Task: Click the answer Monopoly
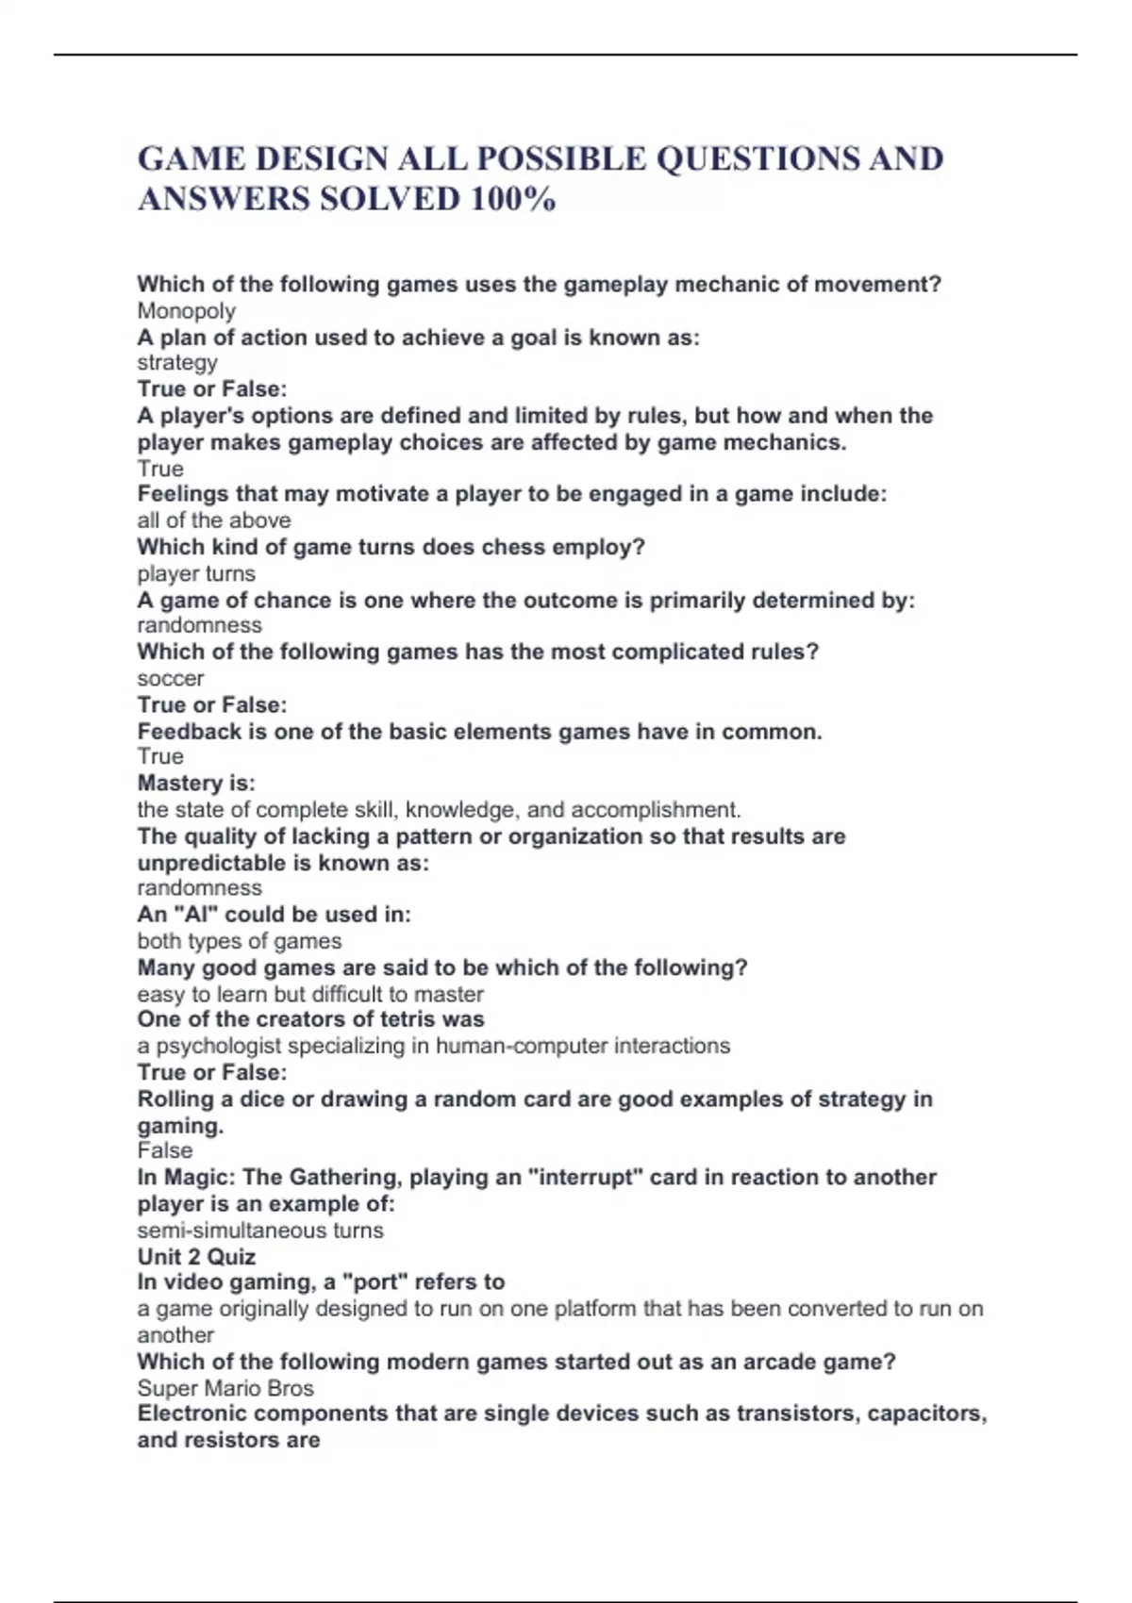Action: click(186, 311)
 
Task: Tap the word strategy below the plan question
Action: click(177, 363)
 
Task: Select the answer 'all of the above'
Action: click(214, 521)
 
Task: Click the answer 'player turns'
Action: click(196, 573)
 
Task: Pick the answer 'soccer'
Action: click(171, 678)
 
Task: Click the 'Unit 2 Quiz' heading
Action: click(196, 1256)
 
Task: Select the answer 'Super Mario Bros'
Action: click(225, 1388)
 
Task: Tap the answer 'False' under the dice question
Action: click(165, 1150)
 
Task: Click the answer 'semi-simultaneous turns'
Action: click(260, 1231)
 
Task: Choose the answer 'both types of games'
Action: click(240, 941)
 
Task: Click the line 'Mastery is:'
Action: click(196, 783)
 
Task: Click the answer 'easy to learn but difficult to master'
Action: click(310, 994)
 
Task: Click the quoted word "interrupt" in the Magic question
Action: click(598, 1177)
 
